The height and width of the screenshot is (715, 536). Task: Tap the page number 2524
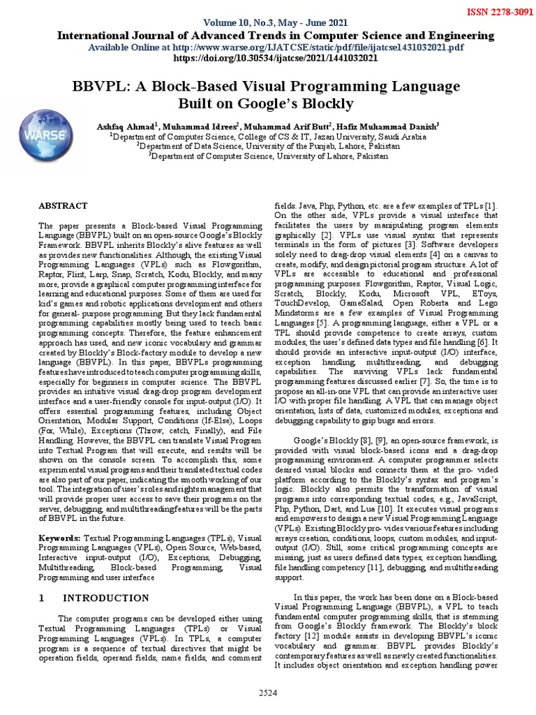[267, 693]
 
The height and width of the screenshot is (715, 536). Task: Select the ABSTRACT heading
[63, 205]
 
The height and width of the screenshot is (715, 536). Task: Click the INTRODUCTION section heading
[106, 598]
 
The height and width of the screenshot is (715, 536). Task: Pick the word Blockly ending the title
[328, 104]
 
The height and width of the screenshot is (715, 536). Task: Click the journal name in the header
[275, 36]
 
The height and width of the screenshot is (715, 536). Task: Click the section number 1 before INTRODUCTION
[42, 598]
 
